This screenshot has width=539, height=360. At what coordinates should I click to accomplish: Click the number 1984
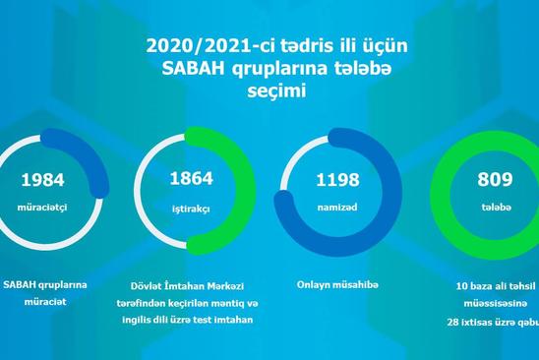pos(42,180)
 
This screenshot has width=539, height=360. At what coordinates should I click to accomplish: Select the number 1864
pos(192,178)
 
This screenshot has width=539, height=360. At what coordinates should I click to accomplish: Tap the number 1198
pos(337,180)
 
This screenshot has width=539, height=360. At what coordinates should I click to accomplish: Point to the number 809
pos(495,179)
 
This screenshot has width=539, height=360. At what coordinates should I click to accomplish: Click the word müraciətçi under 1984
pos(42,208)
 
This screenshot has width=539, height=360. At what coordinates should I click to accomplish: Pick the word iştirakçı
pos(191,210)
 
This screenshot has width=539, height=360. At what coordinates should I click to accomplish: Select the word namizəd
pos(337,208)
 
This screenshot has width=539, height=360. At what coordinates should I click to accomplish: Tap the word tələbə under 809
pos(496,207)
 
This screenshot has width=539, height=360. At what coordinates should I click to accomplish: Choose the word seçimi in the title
pos(276,91)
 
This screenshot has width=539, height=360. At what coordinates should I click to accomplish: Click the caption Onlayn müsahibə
pos(337,285)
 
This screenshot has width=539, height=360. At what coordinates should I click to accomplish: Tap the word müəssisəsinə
pos(496,304)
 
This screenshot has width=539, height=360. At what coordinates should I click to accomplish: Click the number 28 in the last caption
pos(452,323)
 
